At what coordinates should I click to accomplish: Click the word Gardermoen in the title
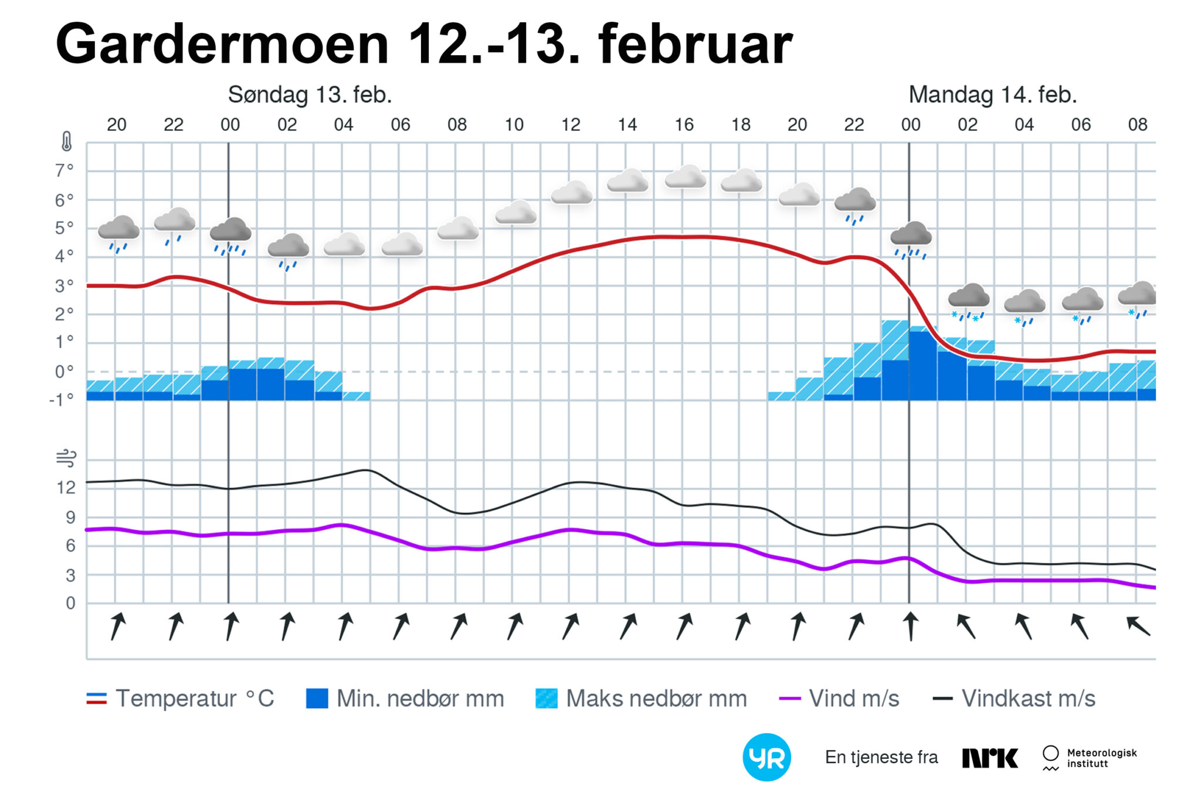point(222,45)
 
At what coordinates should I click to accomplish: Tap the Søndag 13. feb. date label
point(310,95)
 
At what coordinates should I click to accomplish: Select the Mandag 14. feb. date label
point(992,95)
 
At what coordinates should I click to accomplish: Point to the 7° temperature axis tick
point(64,171)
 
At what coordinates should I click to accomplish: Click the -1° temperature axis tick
point(62,400)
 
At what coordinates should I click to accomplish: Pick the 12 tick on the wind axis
point(66,488)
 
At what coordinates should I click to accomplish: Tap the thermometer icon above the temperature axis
point(66,142)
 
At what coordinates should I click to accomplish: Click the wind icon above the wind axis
point(66,458)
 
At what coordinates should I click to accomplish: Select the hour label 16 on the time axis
point(684,125)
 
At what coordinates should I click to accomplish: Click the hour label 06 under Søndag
point(401,125)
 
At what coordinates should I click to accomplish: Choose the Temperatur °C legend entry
point(180,699)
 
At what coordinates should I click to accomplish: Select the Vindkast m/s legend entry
point(1014,699)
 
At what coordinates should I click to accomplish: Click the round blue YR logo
point(766,757)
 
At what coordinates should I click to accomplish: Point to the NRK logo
point(990,758)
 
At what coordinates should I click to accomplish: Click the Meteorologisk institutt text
point(1101,758)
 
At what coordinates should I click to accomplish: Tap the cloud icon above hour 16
point(685,177)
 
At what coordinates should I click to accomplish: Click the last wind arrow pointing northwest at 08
point(1138,626)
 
